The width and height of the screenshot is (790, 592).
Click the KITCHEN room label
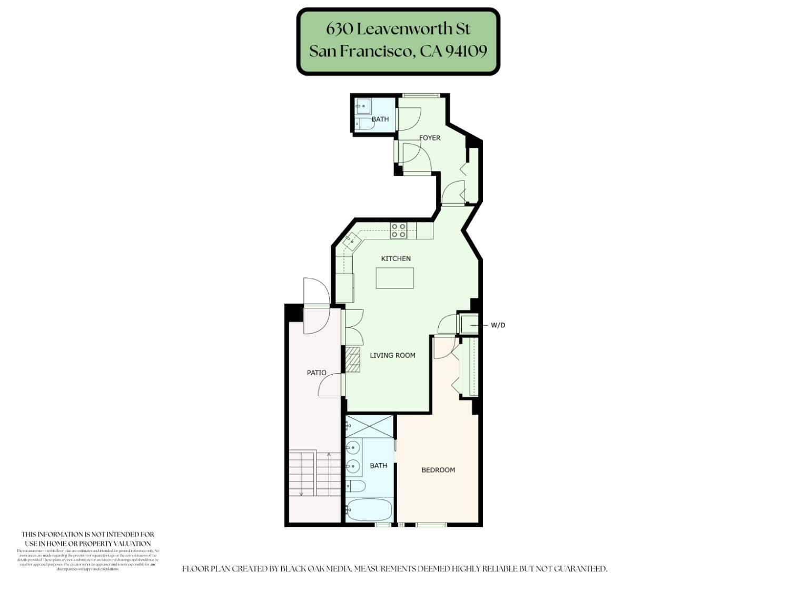pyautogui.click(x=396, y=258)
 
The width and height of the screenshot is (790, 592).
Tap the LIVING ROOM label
pyautogui.click(x=392, y=355)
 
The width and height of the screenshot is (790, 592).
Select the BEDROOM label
pyautogui.click(x=438, y=470)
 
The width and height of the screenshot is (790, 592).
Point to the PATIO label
pyautogui.click(x=317, y=373)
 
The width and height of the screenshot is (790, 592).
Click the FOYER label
pyautogui.click(x=430, y=138)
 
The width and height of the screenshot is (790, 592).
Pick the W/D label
pyautogui.click(x=498, y=325)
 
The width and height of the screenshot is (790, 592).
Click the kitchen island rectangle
pyautogui.click(x=394, y=278)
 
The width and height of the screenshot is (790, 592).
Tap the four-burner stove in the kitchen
pyautogui.click(x=398, y=230)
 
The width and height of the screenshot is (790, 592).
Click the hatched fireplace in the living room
pyautogui.click(x=353, y=359)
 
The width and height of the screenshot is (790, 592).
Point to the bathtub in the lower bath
pyautogui.click(x=369, y=509)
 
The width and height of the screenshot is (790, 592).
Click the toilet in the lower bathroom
pyautogui.click(x=357, y=486)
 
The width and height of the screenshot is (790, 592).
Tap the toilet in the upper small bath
pyautogui.click(x=363, y=124)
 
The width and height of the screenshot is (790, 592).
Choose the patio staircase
pyautogui.click(x=314, y=473)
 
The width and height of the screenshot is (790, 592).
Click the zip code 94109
pyautogui.click(x=466, y=51)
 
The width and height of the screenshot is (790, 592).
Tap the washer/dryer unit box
pyautogui.click(x=469, y=324)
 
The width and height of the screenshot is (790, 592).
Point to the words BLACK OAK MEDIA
pyautogui.click(x=315, y=569)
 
